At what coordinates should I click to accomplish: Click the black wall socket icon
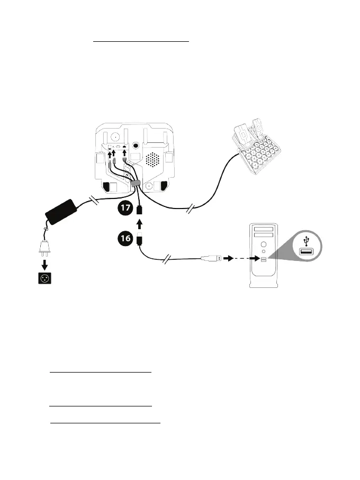click(x=44, y=278)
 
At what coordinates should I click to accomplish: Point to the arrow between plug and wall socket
click(x=44, y=263)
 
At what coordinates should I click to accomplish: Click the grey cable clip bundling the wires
click(x=136, y=184)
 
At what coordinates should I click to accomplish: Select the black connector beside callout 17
click(x=139, y=210)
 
